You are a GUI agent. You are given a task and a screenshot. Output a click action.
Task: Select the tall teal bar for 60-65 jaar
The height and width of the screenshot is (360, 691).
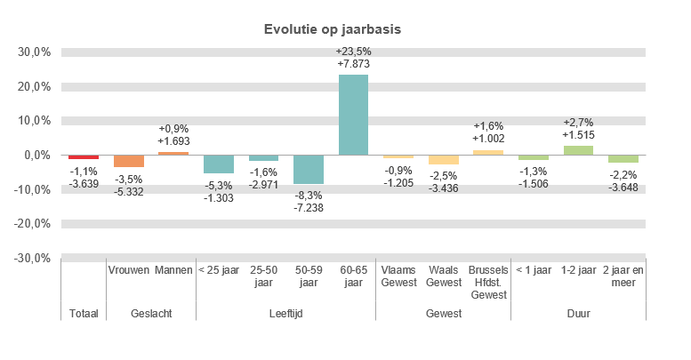click(x=353, y=115)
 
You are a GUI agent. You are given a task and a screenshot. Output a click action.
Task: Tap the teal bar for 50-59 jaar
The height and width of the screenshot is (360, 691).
click(x=309, y=169)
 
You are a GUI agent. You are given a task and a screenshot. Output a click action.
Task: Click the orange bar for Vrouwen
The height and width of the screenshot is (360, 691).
click(x=128, y=161)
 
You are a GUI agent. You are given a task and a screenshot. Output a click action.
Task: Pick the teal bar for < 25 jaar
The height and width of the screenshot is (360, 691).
click(x=219, y=164)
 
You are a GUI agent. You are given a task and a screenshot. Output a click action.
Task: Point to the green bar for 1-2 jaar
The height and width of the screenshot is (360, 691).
click(x=578, y=150)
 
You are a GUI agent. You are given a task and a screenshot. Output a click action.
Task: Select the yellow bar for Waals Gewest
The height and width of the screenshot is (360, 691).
click(x=443, y=159)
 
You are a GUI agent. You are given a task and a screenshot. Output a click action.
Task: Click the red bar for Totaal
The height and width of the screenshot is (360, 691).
click(x=84, y=156)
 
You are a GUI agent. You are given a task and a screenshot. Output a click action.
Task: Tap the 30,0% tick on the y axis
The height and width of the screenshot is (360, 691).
click(x=34, y=52)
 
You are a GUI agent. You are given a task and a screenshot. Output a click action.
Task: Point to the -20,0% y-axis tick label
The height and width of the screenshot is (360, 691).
click(x=32, y=224)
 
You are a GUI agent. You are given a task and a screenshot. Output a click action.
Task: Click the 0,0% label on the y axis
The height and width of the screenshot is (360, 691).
click(x=36, y=156)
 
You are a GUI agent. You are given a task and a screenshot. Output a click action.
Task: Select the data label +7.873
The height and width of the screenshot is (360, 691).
click(x=353, y=64)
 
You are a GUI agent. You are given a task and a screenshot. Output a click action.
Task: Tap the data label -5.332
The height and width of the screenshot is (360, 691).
click(x=128, y=190)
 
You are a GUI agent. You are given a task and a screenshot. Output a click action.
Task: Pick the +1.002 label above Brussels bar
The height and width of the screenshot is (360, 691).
click(x=488, y=140)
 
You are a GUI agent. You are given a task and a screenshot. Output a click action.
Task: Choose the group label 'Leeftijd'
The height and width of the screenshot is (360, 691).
click(x=285, y=314)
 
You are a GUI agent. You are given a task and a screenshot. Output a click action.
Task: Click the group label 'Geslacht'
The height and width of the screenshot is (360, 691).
click(x=150, y=314)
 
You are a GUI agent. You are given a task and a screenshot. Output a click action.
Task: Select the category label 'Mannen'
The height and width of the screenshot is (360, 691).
click(x=173, y=269)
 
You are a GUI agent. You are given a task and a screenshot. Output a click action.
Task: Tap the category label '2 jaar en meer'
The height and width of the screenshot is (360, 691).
click(x=623, y=276)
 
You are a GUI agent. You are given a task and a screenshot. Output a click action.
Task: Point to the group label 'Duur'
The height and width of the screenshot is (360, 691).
click(x=578, y=314)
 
